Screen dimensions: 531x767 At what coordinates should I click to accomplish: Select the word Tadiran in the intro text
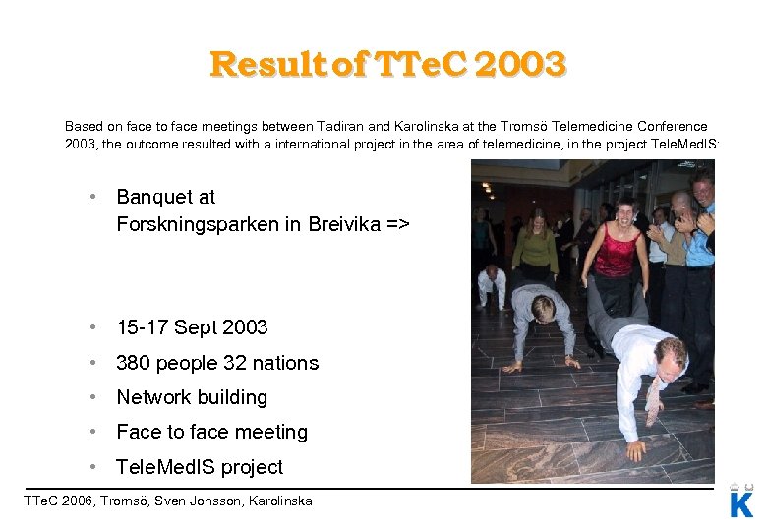coord(339,126)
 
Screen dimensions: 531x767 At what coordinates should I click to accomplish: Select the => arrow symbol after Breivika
coord(396,224)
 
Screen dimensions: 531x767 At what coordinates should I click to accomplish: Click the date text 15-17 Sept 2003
coord(192,327)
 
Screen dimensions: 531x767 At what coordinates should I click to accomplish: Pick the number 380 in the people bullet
coord(133,363)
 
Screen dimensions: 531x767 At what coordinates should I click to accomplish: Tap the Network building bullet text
coord(192,397)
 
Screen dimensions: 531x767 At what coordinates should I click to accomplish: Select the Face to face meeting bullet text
coord(211,432)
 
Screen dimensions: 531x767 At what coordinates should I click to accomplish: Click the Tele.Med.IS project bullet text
coord(200,467)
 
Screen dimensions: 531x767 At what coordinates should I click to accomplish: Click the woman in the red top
coord(616,251)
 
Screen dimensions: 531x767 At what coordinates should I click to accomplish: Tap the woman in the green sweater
coord(535,246)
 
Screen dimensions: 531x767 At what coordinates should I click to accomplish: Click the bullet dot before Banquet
coord(91,197)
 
